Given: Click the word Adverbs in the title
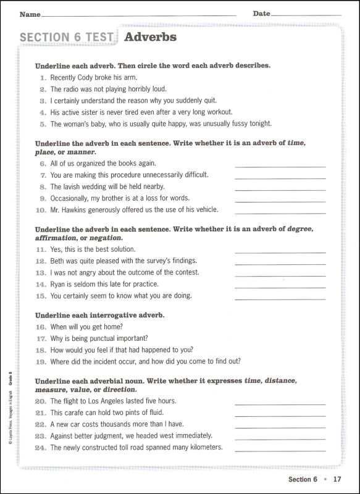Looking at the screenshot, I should (150, 37).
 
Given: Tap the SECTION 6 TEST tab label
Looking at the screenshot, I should (67, 38).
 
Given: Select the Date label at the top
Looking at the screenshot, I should (261, 14).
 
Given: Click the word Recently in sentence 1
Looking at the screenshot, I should (64, 78).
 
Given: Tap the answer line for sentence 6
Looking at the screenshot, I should (280, 167).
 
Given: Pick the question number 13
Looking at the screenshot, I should (41, 272).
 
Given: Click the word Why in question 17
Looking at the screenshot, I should (57, 338).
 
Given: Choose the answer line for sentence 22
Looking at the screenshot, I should (280, 427).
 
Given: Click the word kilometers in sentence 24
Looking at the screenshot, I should (204, 448).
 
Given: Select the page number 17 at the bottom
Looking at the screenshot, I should (337, 479).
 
